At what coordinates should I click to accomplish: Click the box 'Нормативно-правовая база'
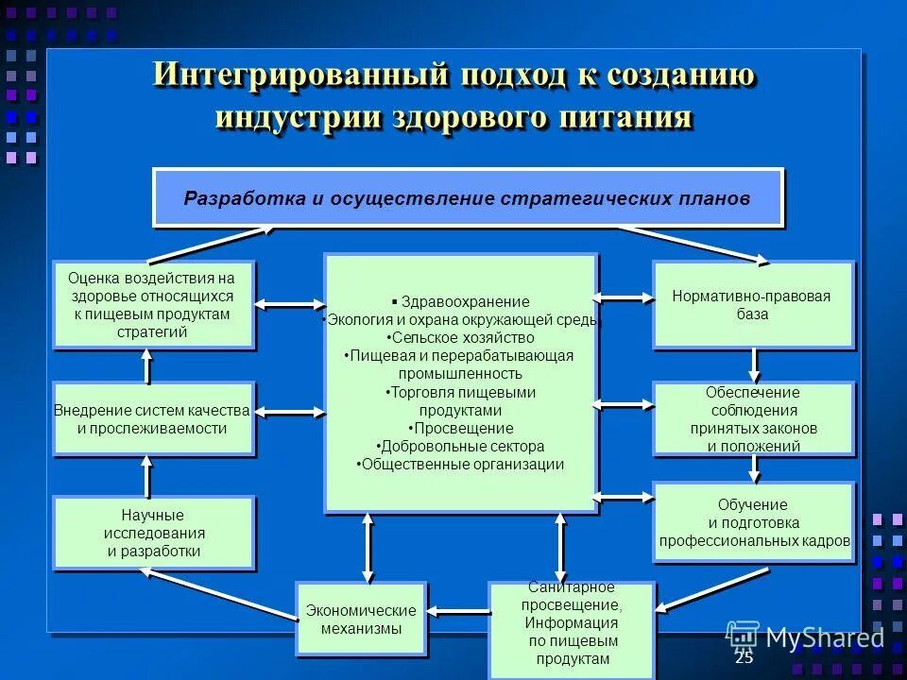(x=753, y=304)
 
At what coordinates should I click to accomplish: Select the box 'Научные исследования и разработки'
(x=154, y=534)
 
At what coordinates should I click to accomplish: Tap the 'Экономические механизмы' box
(x=361, y=620)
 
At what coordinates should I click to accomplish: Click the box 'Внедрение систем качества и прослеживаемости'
(x=153, y=419)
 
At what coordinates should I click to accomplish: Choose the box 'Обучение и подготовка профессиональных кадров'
(x=754, y=522)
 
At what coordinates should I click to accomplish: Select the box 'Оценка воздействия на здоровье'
(x=153, y=305)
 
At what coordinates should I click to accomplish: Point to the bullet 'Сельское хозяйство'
(x=461, y=337)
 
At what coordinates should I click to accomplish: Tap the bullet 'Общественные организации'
(x=461, y=464)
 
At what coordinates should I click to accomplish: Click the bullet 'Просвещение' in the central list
(x=461, y=428)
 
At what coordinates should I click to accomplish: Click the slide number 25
(x=744, y=658)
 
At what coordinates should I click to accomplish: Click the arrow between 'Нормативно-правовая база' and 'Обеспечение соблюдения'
(x=754, y=364)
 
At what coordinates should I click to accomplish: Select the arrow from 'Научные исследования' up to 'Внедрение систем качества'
(x=146, y=474)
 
